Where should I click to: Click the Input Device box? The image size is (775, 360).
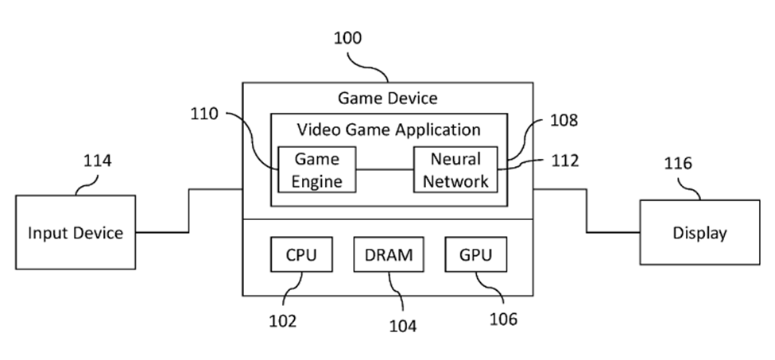click(76, 233)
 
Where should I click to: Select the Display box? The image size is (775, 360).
click(699, 233)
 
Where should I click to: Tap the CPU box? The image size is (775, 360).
click(300, 255)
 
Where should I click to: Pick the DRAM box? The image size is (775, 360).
click(389, 255)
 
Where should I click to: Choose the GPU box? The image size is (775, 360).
click(475, 255)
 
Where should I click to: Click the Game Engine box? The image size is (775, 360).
click(316, 169)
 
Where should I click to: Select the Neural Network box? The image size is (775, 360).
click(455, 169)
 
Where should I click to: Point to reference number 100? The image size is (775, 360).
click(347, 38)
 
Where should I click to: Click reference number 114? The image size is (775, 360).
click(98, 161)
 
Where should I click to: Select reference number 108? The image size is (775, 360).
click(563, 121)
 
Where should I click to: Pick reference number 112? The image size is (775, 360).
click(564, 161)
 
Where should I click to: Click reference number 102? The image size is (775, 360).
click(282, 321)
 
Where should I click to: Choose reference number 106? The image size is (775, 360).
click(502, 319)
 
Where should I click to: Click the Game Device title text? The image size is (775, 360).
click(387, 98)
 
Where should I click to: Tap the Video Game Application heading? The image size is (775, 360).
click(389, 129)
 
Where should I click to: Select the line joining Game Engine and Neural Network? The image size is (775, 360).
click(385, 169)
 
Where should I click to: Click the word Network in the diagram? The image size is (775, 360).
click(455, 180)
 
